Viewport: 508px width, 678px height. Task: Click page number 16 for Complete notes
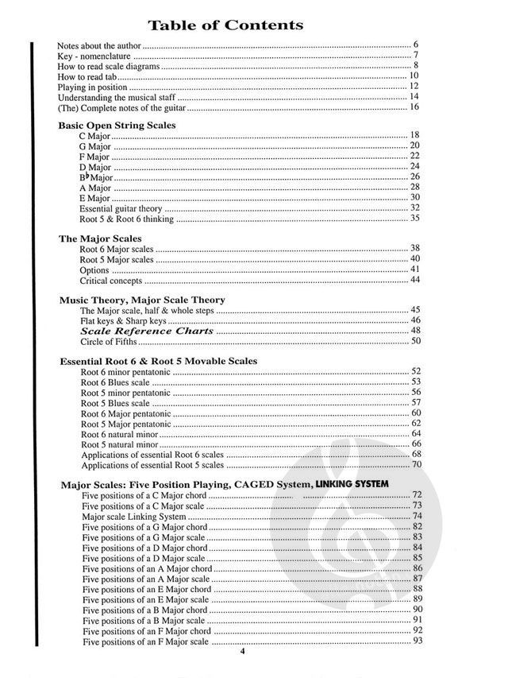point(414,107)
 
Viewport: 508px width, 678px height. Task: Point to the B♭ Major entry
point(98,176)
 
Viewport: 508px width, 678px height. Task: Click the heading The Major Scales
point(100,238)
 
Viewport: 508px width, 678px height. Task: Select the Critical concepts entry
point(110,281)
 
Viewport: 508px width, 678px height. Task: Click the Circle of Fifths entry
point(109,342)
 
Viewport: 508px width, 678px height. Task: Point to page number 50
point(414,342)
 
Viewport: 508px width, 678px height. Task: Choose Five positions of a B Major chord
point(144,610)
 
